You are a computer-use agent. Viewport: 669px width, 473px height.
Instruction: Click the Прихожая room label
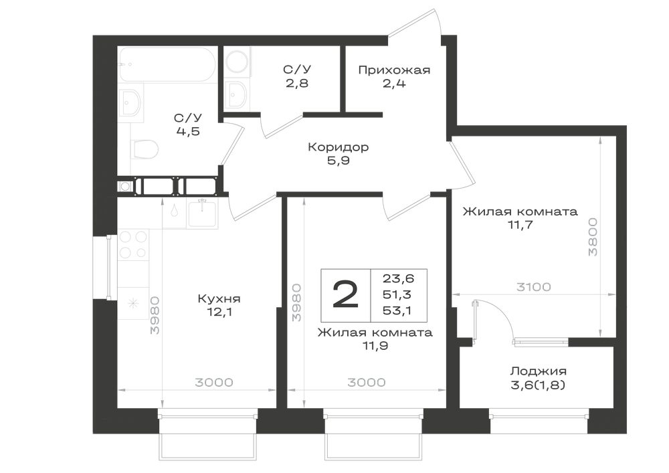pyautogui.click(x=394, y=70)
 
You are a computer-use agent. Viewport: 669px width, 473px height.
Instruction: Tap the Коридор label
pyautogui.click(x=339, y=148)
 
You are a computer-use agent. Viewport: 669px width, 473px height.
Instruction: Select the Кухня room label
pyautogui.click(x=219, y=299)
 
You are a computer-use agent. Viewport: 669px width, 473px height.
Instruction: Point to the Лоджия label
pyautogui.click(x=539, y=371)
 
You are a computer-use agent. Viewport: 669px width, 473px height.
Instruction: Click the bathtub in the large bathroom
pyautogui.click(x=167, y=64)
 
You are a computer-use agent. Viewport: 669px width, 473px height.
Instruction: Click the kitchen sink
pyautogui.click(x=203, y=213)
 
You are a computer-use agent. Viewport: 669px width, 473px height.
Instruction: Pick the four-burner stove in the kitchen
pyautogui.click(x=133, y=244)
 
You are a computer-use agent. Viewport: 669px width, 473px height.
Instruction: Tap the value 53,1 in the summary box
pyautogui.click(x=397, y=311)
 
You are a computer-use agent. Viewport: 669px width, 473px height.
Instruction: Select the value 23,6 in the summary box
pyautogui.click(x=398, y=279)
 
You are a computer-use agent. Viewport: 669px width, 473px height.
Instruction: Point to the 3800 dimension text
pyautogui.click(x=593, y=237)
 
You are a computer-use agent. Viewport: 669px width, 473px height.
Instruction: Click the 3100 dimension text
pyautogui.click(x=533, y=287)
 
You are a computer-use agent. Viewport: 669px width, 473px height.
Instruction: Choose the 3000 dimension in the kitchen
pyautogui.click(x=214, y=383)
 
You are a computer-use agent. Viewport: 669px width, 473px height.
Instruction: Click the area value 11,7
pyautogui.click(x=520, y=225)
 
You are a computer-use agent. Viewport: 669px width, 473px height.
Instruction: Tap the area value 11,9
pyautogui.click(x=375, y=346)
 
